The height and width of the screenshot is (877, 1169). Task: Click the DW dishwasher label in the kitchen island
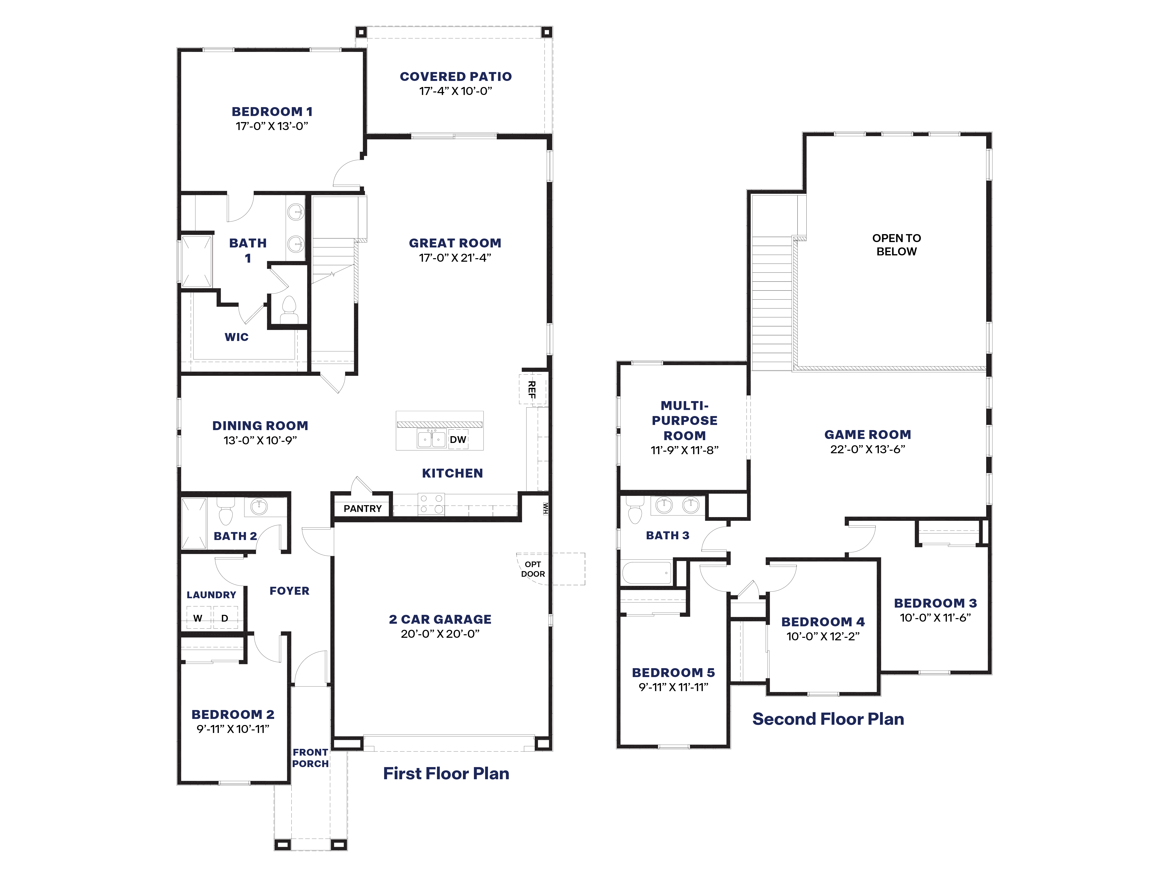coord(458,439)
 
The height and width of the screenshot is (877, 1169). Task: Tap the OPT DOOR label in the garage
coord(533,569)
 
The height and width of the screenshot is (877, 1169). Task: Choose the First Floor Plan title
coord(446,773)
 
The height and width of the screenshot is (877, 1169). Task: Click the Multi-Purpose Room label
coord(684,421)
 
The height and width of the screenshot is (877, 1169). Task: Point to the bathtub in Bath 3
coord(646,573)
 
